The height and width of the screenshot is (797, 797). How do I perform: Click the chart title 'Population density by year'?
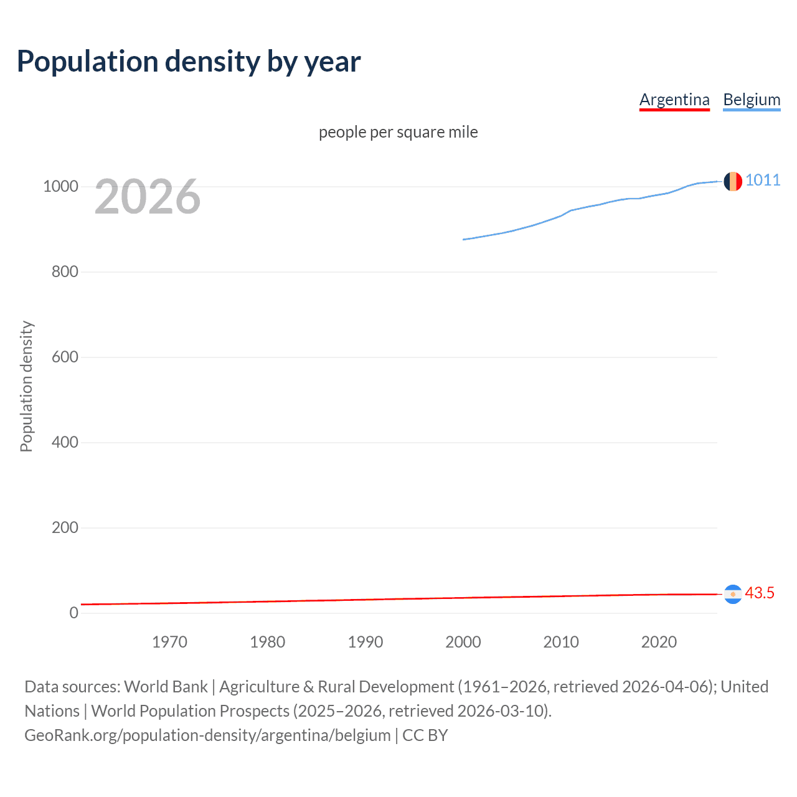pos(189,62)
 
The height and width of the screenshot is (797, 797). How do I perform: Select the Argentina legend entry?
pos(674,100)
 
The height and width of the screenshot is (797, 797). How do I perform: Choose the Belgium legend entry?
pos(752,100)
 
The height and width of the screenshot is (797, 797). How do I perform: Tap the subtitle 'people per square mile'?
pos(398,132)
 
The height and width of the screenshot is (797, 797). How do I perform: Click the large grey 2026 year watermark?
pos(148,197)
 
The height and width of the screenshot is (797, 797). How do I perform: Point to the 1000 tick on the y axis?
pos(60,187)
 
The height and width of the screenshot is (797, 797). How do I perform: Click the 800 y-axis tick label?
pos(65,272)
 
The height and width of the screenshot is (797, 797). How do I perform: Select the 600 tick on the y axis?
pos(65,357)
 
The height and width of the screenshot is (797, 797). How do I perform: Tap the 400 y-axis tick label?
pos(65,443)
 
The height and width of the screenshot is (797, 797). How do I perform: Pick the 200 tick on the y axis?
pos(65,528)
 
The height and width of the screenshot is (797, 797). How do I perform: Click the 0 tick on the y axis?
pos(74,613)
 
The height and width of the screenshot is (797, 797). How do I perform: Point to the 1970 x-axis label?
pos(169,642)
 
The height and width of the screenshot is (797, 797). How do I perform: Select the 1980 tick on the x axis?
pos(267,642)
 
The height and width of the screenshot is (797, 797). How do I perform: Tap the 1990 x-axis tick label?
pos(365,642)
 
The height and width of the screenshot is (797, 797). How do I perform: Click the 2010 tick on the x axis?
pos(561,642)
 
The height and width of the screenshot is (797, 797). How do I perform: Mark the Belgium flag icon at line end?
pos(733,181)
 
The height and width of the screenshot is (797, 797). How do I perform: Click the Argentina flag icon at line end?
pos(733,595)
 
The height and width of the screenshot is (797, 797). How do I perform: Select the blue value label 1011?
pos(763,180)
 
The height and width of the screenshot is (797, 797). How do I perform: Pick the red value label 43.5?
pos(760,593)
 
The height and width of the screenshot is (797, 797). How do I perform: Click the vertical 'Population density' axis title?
pos(26,386)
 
